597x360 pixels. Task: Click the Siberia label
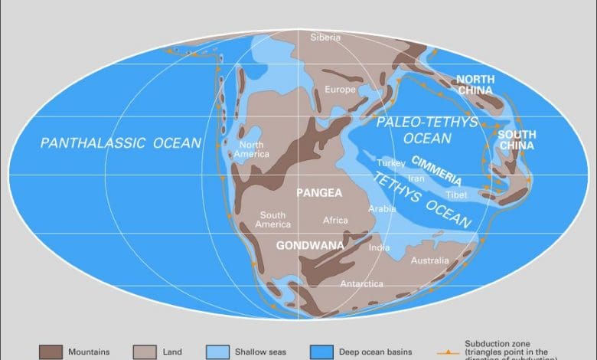coord(325,38)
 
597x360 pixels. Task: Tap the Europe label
coord(341,90)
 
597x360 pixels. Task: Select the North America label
coord(254,149)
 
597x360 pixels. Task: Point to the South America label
coord(274,220)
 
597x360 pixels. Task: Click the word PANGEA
coord(320,193)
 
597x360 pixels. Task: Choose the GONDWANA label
coord(306,246)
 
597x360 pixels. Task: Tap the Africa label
coord(335,220)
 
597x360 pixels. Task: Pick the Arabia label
coord(382,208)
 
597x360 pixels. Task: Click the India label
coord(379,247)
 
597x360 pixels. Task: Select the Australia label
coord(430,261)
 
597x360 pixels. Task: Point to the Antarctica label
coord(362,284)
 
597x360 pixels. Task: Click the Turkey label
coord(390,164)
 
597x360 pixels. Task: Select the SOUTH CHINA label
coord(517,140)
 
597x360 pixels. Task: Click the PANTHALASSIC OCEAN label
coord(121,142)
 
